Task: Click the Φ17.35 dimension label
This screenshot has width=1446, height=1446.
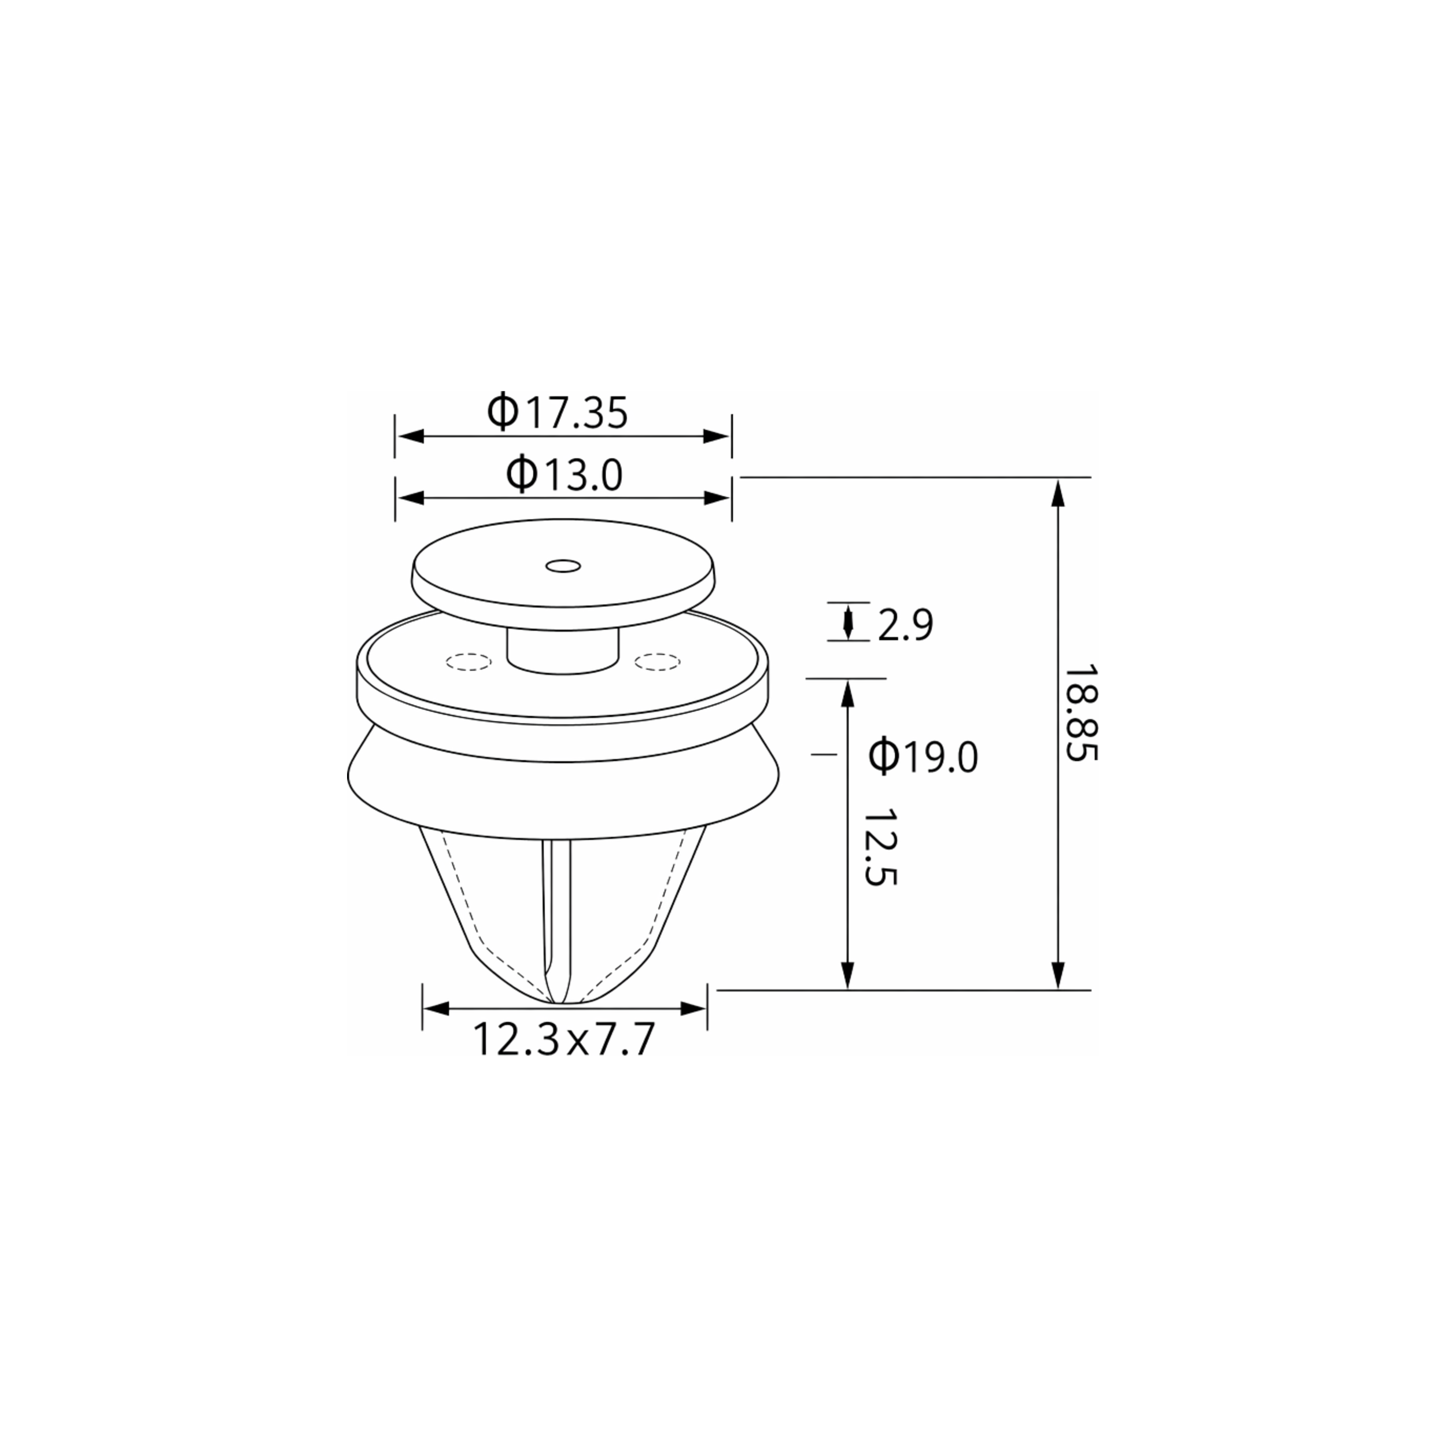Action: pos(558,412)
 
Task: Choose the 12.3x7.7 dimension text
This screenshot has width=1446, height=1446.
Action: pos(563,1039)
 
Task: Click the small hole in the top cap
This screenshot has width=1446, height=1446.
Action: pos(563,566)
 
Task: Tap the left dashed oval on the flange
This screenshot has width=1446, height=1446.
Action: pos(469,662)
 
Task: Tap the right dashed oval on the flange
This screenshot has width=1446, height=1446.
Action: pos(657,662)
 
